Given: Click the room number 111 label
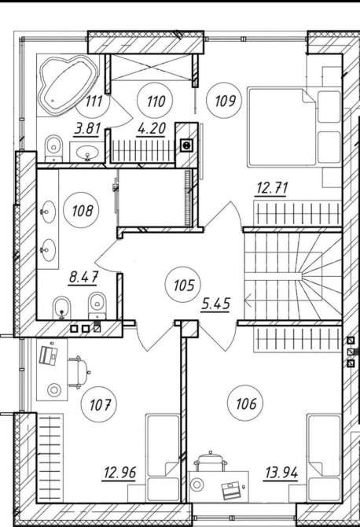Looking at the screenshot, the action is click(94, 101).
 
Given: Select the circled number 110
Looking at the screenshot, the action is click(155, 101).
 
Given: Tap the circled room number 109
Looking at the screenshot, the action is click(224, 101).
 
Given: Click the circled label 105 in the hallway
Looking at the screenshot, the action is click(183, 286).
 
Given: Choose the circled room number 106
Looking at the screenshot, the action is click(245, 404).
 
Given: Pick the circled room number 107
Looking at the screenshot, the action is click(99, 404).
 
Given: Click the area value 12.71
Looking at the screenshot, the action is click(272, 187).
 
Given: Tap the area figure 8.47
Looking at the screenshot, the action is click(83, 278).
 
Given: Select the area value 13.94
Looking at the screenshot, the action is click(281, 474).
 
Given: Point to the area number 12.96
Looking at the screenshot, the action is click(120, 473).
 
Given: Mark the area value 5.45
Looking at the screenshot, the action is click(216, 304).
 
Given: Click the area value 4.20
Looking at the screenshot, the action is click(152, 128).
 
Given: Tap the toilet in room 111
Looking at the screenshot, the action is click(54, 148).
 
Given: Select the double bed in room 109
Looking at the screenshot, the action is click(281, 127).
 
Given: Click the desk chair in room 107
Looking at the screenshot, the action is click(79, 372).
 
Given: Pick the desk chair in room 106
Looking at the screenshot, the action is click(210, 461).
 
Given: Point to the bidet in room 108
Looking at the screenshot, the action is click(62, 308).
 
